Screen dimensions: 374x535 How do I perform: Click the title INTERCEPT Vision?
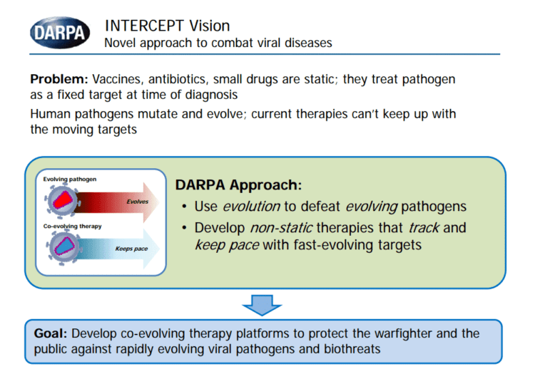click(167, 26)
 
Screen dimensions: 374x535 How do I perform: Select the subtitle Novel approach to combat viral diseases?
click(218, 43)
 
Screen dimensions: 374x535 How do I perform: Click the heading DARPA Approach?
click(238, 185)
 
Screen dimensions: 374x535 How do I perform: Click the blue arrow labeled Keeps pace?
click(128, 249)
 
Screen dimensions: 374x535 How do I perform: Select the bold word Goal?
click(51, 333)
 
